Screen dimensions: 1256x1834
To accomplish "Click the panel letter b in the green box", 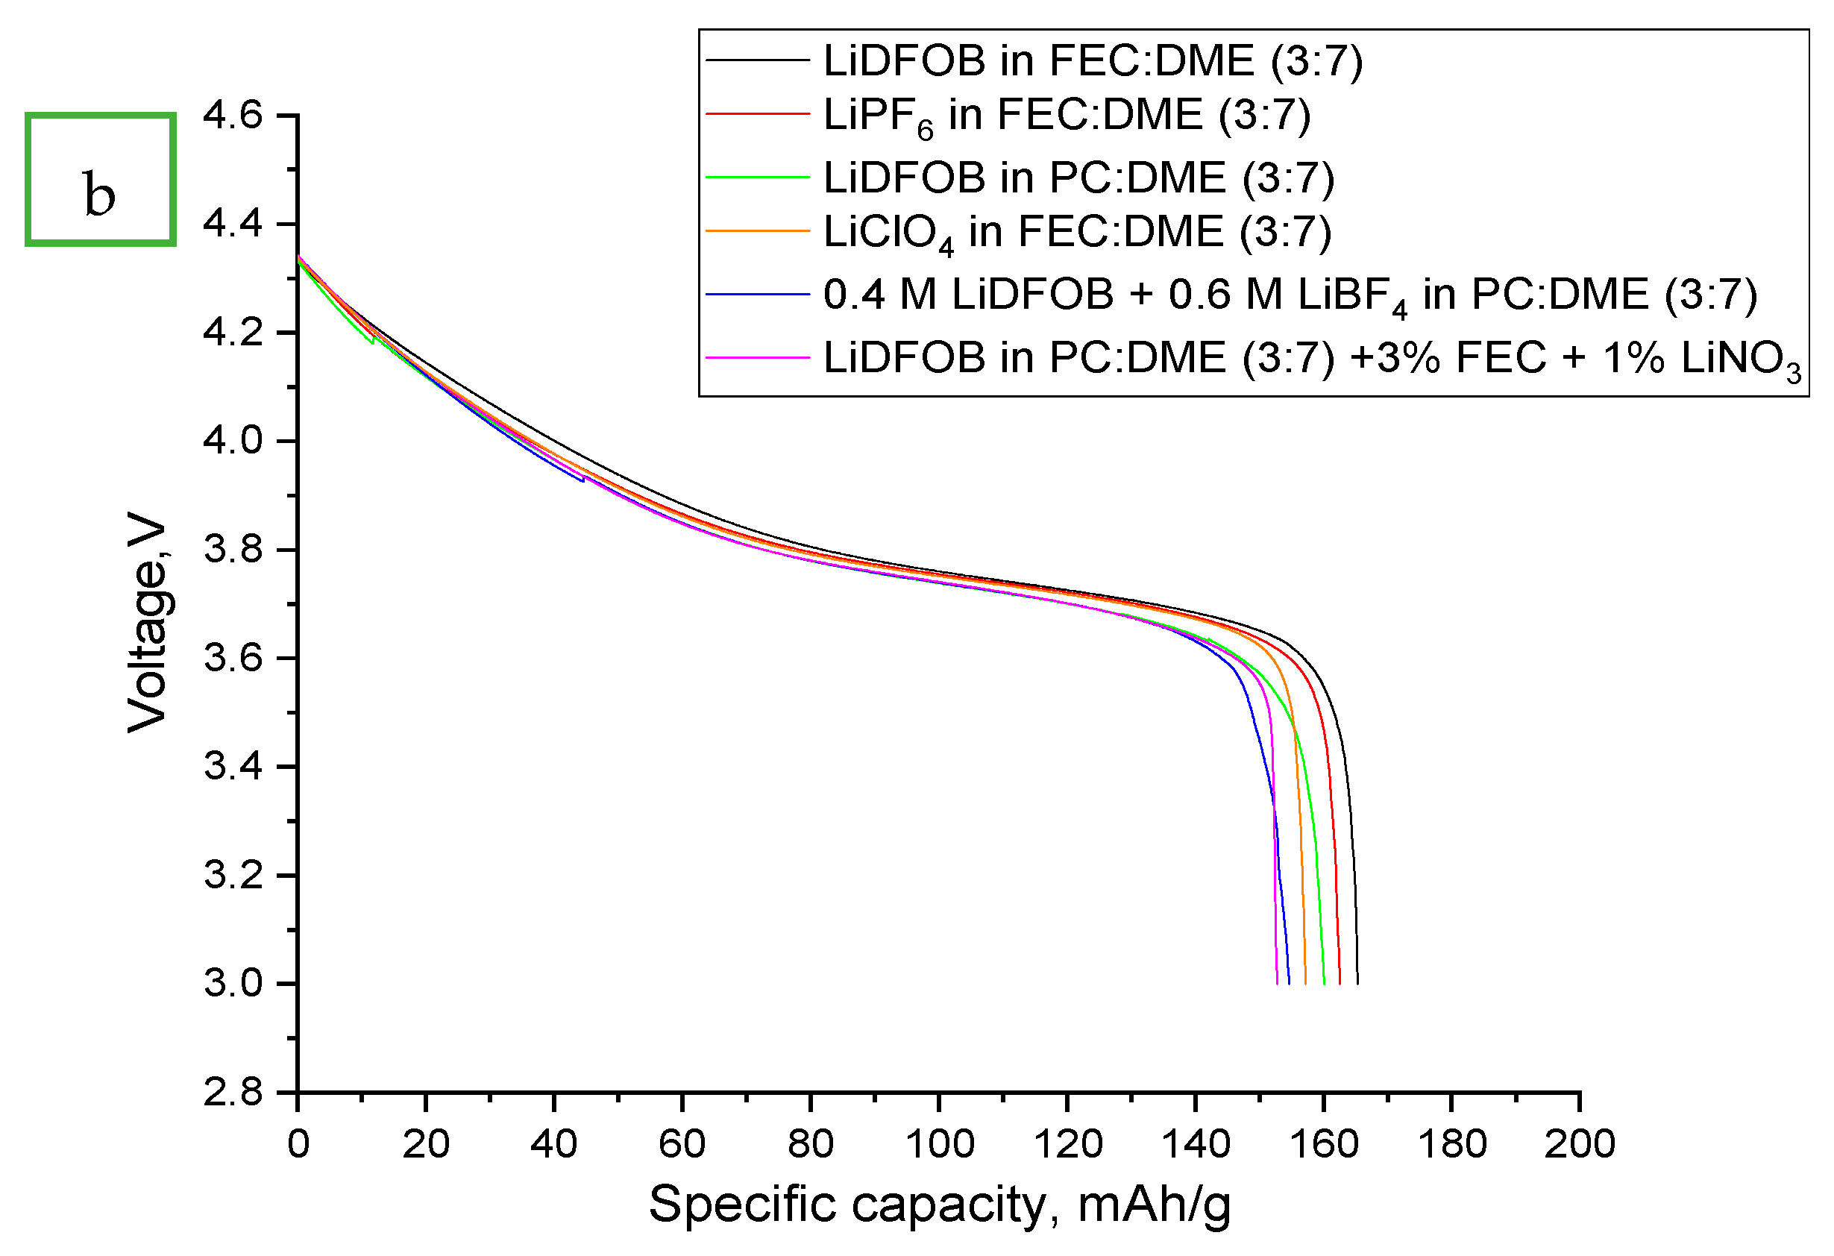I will point(99,195).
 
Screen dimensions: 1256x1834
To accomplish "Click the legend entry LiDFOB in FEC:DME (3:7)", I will point(1093,60).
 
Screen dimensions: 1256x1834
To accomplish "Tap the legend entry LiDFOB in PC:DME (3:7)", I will point(1078,177).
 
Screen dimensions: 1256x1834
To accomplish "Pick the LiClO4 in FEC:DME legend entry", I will point(1077,233).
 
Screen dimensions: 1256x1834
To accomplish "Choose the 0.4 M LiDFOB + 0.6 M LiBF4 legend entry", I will point(1290,295).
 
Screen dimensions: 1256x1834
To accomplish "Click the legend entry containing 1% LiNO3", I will point(1313,358).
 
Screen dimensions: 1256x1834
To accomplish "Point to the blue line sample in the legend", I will point(758,295).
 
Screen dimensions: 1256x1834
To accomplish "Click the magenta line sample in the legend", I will point(758,357).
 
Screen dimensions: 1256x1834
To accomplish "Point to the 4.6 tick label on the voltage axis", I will point(233,115).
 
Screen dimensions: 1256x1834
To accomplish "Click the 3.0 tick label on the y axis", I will point(233,984).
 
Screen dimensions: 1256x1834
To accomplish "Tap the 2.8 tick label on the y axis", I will point(233,1093).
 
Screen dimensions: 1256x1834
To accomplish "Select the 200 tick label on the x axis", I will point(1580,1144).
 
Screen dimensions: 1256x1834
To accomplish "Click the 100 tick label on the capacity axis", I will point(939,1144).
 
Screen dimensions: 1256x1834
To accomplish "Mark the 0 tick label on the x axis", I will point(298,1144).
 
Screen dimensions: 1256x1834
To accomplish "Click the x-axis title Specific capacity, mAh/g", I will point(939,1205).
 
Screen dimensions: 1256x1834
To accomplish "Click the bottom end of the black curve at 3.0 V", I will point(1357,982).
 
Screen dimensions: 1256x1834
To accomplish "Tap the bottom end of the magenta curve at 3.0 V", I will point(1277,982).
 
